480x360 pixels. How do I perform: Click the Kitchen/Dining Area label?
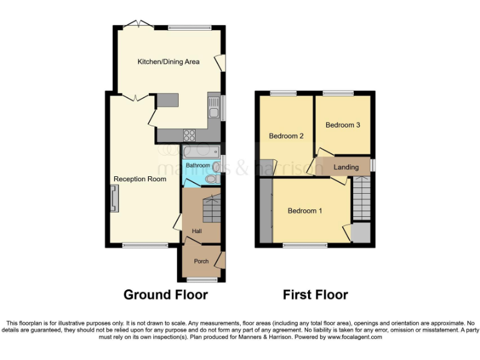pos(169,62)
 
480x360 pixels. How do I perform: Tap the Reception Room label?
pos(140,179)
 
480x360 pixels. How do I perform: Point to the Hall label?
pos(197,231)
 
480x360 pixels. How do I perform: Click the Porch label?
pos(201,261)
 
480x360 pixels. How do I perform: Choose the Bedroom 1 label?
pos(305,211)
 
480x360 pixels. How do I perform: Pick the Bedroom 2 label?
pos(286,136)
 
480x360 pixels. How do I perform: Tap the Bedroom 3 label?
pos(342,125)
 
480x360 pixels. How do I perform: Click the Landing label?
pos(346,167)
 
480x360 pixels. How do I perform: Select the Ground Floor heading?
pos(166,294)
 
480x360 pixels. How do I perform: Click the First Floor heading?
pos(316,294)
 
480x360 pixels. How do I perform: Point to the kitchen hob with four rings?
pos(189,135)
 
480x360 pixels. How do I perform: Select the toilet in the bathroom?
pos(211,179)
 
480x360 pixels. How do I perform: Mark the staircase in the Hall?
pos(211,208)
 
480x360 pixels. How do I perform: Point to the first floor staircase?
pos(361,198)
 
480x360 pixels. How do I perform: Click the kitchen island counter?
pos(167,100)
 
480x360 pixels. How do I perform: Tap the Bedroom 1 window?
pos(305,246)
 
